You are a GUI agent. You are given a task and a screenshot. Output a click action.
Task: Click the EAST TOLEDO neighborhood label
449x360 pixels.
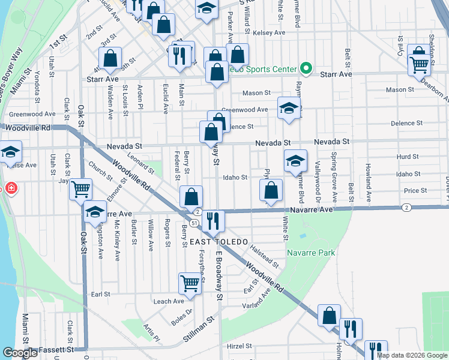point(218,241)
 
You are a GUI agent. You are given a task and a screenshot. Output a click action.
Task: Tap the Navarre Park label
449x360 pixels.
point(311,253)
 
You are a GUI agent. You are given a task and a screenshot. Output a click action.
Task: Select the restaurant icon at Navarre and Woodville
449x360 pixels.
point(214,220)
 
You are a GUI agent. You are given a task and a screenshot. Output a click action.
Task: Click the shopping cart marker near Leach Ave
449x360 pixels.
point(190,283)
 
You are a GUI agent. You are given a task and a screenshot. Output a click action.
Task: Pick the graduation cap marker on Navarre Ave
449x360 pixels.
point(95,211)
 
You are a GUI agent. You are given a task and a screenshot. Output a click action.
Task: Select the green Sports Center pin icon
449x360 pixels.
point(306,68)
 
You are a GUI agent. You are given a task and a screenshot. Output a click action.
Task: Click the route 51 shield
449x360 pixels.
point(194,223)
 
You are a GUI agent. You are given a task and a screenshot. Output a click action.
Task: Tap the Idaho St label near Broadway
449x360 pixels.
point(235,178)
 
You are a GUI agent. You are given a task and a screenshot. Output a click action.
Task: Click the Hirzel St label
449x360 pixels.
point(239,347)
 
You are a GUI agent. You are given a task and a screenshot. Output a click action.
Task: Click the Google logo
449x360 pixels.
point(20,353)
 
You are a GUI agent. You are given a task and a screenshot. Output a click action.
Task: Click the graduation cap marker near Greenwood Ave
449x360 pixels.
point(289,109)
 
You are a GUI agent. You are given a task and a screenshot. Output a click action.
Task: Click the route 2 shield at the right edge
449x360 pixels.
point(406,208)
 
